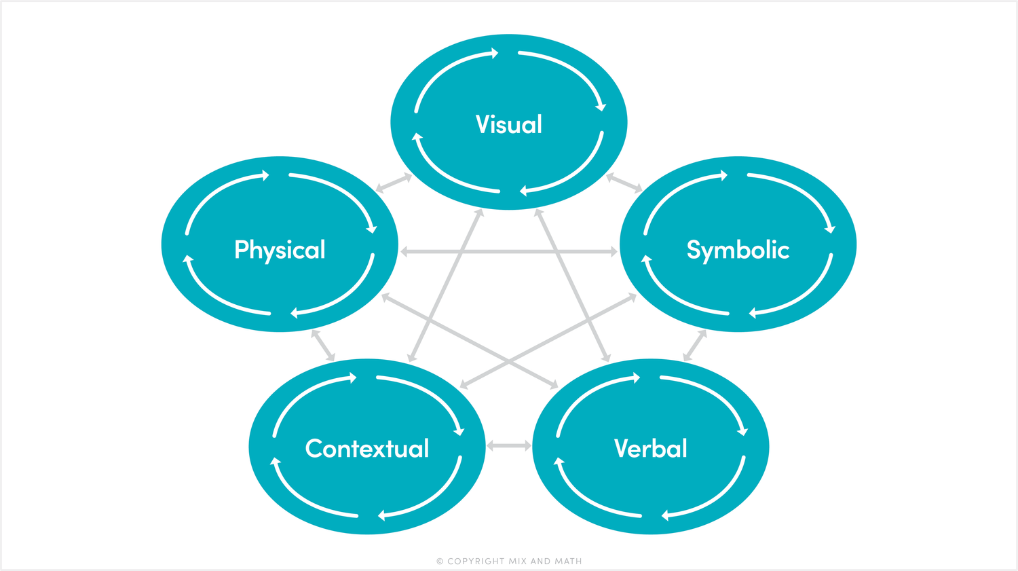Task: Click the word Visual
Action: pos(509,124)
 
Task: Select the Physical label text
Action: pos(280,250)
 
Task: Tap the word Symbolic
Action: pos(738,250)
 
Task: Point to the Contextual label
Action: pos(367,448)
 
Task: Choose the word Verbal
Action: pos(650,448)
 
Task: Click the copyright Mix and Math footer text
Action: pos(509,561)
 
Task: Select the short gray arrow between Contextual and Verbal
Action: pos(509,446)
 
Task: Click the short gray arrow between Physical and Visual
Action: pos(394,183)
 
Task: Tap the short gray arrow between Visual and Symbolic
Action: pos(624,183)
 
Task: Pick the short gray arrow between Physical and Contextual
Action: pos(322,345)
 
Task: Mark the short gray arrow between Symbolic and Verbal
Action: pos(695,345)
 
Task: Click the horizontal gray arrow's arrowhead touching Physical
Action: pos(404,252)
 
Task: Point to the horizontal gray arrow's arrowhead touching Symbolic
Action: pos(614,252)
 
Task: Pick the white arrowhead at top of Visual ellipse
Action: pos(495,54)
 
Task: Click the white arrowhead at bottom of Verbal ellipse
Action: pos(665,515)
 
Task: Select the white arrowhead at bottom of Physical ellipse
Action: pos(295,313)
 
